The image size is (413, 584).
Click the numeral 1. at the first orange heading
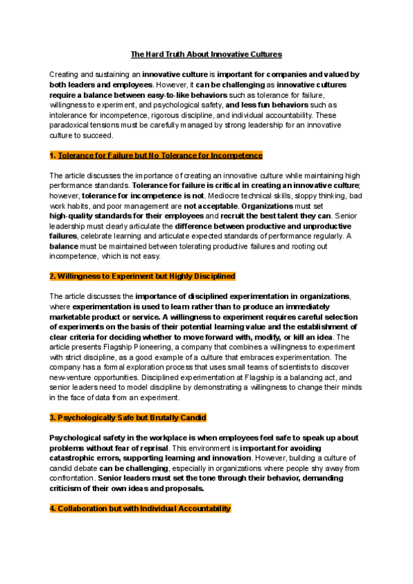[x=53, y=156]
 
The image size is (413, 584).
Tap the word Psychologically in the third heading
[x=86, y=418]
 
